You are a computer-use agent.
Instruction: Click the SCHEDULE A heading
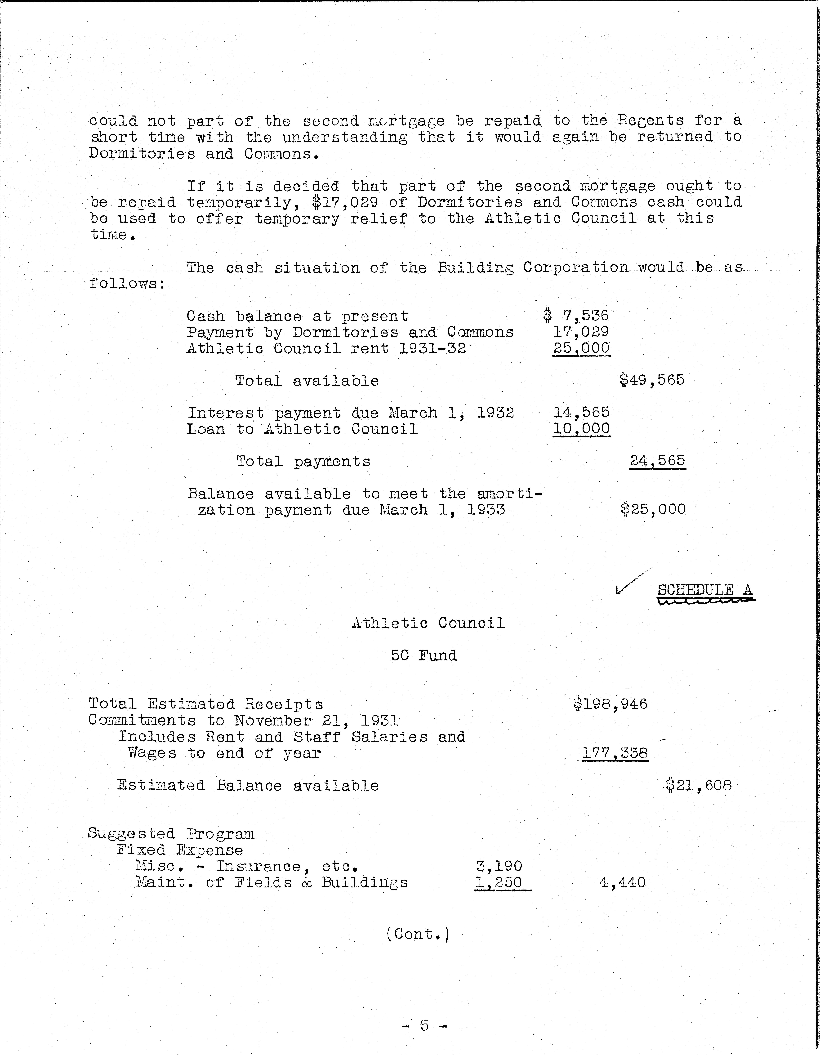point(704,590)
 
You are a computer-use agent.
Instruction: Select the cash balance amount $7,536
point(576,316)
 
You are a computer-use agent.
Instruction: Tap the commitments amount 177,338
point(615,753)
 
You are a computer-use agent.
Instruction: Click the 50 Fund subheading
point(423,655)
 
